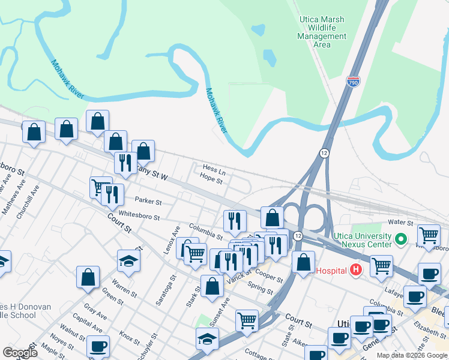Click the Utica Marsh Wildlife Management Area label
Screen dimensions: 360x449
322,32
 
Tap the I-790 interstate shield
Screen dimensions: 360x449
352,82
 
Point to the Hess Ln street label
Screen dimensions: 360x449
214,170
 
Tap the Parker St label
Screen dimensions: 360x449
148,202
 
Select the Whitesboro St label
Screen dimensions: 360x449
139,216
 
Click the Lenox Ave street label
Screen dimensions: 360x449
172,240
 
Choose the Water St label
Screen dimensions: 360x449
402,222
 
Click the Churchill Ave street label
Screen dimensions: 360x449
28,200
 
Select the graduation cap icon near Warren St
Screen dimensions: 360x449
128,260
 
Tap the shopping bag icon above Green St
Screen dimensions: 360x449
88,277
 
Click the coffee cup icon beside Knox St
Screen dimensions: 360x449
98,346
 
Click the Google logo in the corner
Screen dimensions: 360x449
20,353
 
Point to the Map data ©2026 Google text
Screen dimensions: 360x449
412,355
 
